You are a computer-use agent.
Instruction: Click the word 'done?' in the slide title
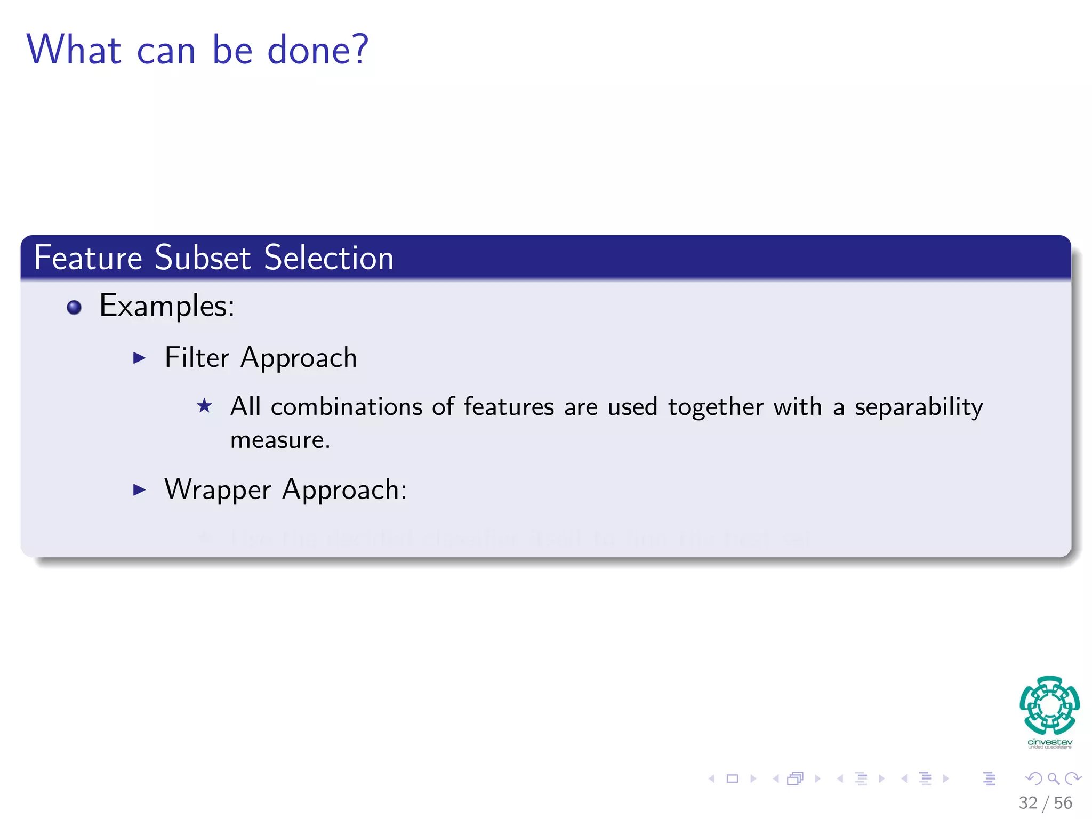pos(318,50)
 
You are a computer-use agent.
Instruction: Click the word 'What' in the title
pos(74,50)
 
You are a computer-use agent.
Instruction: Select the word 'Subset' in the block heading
pos(203,258)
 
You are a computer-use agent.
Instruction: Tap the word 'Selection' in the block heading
pos(328,258)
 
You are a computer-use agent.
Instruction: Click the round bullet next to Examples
pos(74,308)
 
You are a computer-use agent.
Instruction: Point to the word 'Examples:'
pos(167,307)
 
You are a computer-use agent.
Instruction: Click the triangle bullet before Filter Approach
pos(139,358)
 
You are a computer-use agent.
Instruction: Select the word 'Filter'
pos(197,357)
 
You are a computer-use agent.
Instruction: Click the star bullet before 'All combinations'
pos(204,406)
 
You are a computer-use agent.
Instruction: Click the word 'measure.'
pos(280,440)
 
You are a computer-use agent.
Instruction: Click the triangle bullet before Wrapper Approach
pos(139,489)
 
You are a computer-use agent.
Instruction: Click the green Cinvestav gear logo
pos(1049,705)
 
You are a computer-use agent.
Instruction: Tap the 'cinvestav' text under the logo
pos(1049,742)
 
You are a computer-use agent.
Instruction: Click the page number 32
pos(1028,803)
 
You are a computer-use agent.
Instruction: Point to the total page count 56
pos(1063,803)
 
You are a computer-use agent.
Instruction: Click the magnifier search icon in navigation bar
pos(1053,779)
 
